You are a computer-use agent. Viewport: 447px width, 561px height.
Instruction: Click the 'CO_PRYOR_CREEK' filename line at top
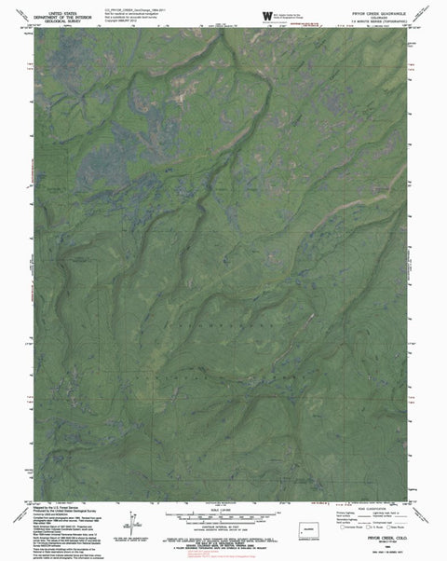tap(143, 7)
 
